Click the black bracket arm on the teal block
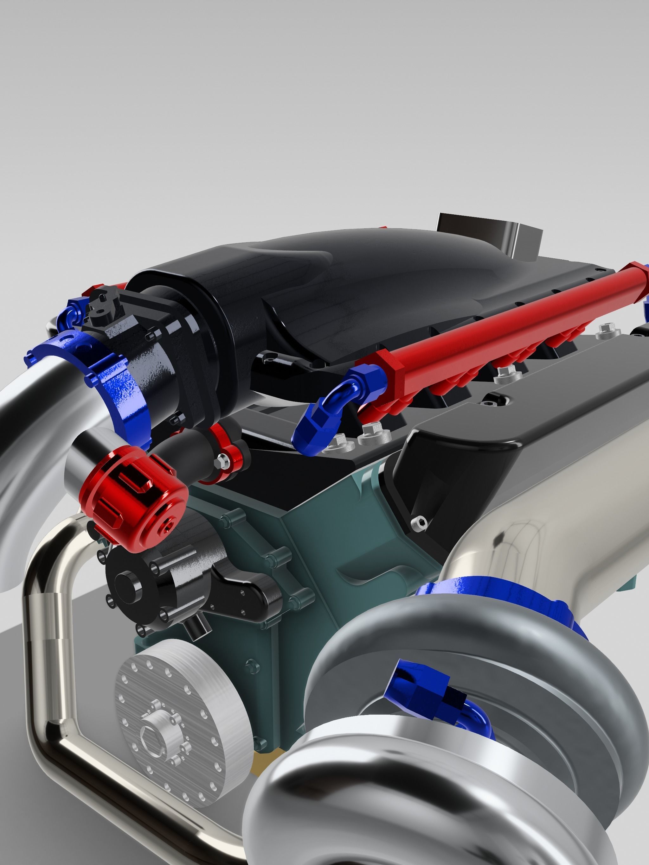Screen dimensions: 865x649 point(243,594)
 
